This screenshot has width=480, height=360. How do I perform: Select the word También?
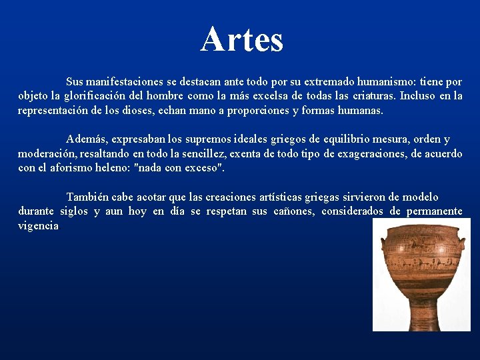[87, 197]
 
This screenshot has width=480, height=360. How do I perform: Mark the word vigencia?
[38, 225]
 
